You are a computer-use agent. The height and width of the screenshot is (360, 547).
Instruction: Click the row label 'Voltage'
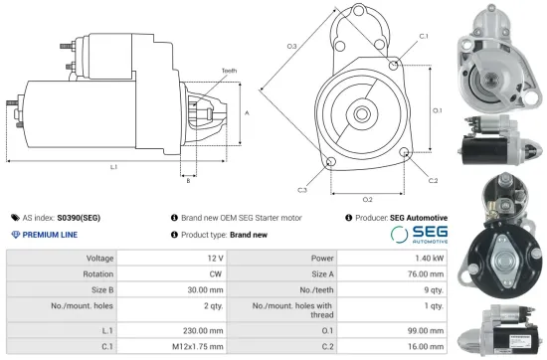pyautogui.click(x=100, y=259)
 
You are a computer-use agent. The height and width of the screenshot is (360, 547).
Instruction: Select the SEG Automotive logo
pyautogui.click(x=417, y=235)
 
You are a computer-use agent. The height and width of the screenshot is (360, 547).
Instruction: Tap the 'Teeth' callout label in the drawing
pyautogui.click(x=230, y=70)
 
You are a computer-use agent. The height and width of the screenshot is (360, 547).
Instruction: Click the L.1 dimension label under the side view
pyautogui.click(x=113, y=167)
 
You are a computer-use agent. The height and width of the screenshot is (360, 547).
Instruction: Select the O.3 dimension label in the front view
pyautogui.click(x=292, y=47)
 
